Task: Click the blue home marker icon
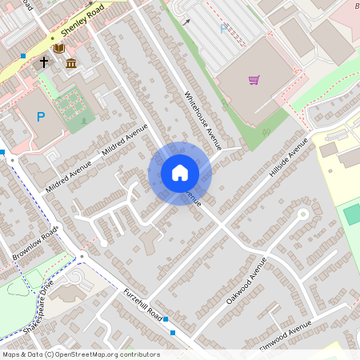pyautogui.click(x=180, y=173)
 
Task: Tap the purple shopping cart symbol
pyautogui.click(x=254, y=79)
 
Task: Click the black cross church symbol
pyautogui.click(x=44, y=60)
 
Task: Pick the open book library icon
pyautogui.click(x=58, y=49)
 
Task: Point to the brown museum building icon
pyautogui.click(x=71, y=63)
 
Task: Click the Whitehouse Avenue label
pyautogui.click(x=202, y=120)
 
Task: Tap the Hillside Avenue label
pyautogui.click(x=288, y=158)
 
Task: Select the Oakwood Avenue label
pyautogui.click(x=246, y=280)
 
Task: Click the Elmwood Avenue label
pyautogui.click(x=285, y=332)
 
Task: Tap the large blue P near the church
pyautogui.click(x=40, y=118)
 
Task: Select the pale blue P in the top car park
pyautogui.click(x=223, y=29)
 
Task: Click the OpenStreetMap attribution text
pyautogui.click(x=80, y=354)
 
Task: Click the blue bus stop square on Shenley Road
pyautogui.click(x=23, y=56)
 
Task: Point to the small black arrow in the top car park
pyautogui.click(x=186, y=22)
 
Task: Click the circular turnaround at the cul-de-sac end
pyautogui.click(x=303, y=214)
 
